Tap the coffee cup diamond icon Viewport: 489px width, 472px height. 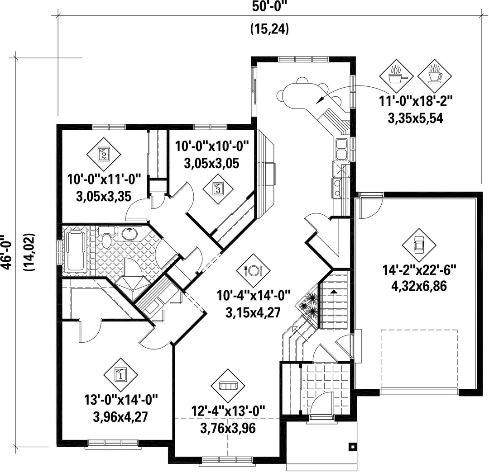click(x=434, y=76)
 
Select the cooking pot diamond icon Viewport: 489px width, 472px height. click(x=396, y=76)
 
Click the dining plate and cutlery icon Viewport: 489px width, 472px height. click(x=253, y=269)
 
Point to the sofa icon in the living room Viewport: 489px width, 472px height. click(x=228, y=386)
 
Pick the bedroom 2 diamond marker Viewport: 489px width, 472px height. click(x=104, y=154)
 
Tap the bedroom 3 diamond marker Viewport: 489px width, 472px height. click(x=217, y=189)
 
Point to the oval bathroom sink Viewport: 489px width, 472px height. click(x=129, y=234)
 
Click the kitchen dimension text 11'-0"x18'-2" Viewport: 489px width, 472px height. click(x=415, y=102)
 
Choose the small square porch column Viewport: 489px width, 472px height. click(x=352, y=447)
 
